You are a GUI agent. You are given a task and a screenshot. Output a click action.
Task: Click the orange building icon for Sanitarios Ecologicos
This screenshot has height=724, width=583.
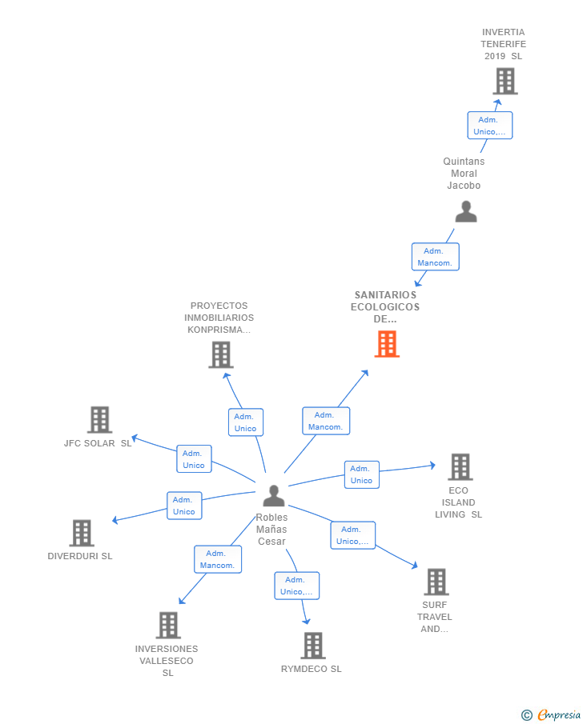(x=387, y=344)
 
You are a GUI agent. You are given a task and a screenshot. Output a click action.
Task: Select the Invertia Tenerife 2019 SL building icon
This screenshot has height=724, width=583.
(x=505, y=82)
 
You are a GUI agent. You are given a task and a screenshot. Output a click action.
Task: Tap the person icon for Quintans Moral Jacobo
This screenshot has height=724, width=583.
(x=465, y=212)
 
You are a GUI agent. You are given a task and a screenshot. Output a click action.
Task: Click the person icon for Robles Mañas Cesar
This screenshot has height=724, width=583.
(x=274, y=497)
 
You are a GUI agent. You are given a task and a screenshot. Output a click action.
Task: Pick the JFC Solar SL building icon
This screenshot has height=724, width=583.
(x=99, y=420)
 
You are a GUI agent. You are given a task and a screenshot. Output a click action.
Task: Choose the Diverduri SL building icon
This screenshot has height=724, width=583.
(x=82, y=534)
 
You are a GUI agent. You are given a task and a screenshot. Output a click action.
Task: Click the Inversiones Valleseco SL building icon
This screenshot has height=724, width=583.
(x=167, y=626)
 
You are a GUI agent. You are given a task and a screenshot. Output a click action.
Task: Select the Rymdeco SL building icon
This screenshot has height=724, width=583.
(x=313, y=646)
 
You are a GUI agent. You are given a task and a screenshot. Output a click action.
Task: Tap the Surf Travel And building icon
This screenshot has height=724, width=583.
(x=436, y=582)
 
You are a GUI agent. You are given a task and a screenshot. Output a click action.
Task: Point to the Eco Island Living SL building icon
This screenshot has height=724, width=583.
(x=460, y=467)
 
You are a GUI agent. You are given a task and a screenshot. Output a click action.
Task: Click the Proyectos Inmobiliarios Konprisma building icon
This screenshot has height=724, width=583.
(x=220, y=355)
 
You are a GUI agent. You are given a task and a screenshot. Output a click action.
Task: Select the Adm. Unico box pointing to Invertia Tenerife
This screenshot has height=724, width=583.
(x=489, y=126)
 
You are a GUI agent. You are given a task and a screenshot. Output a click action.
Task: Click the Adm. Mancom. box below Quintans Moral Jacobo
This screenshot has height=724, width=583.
(x=435, y=257)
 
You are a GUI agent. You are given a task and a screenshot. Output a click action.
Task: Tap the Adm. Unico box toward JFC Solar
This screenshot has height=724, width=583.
(x=193, y=459)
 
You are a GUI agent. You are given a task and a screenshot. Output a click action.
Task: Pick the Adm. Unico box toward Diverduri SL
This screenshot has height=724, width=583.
(x=183, y=506)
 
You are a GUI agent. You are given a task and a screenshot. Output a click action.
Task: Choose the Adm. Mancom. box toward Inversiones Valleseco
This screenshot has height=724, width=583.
(x=217, y=559)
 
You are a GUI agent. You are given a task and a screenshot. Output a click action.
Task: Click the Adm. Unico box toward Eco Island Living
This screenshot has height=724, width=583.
(x=361, y=474)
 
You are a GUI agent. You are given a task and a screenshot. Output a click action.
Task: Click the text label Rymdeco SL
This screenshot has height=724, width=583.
(x=312, y=669)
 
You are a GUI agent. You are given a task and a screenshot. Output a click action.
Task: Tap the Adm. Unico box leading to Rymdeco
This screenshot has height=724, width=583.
(x=296, y=586)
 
